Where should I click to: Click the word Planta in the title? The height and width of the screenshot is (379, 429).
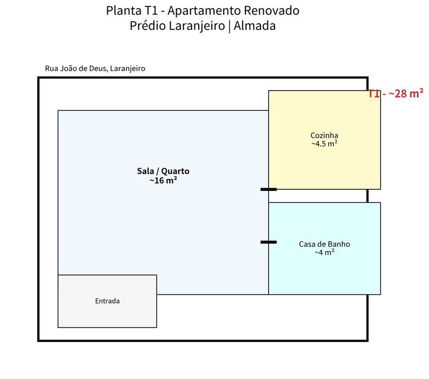click(123, 11)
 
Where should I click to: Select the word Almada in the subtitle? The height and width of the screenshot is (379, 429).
click(255, 25)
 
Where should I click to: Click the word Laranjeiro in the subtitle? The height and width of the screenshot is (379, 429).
click(197, 26)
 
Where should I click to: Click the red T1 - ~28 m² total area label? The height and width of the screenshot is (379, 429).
click(395, 93)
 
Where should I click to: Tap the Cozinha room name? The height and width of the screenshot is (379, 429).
click(324, 135)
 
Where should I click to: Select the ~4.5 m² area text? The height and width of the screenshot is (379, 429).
click(324, 144)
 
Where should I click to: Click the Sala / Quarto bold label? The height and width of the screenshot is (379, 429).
click(163, 171)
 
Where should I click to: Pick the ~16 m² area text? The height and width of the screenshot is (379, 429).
click(163, 181)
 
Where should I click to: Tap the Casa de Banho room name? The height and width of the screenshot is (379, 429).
click(324, 244)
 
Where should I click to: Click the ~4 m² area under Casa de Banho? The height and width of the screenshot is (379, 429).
click(324, 252)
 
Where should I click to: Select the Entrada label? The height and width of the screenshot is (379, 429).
click(107, 301)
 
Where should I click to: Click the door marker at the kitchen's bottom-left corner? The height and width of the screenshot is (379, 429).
click(269, 189)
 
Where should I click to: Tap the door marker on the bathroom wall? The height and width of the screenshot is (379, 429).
click(269, 242)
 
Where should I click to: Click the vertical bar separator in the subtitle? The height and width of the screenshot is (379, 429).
click(229, 27)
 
